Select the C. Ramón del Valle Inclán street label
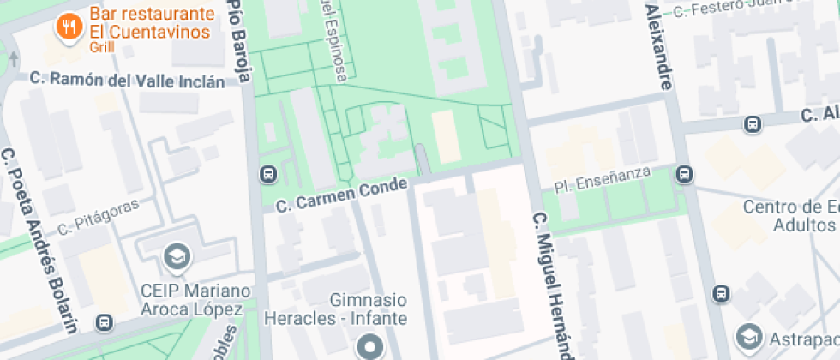pos(127,80)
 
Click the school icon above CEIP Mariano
pos(178,256)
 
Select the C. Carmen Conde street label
pos(341,196)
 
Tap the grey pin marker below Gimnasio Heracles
pos(370,348)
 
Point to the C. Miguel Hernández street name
pos(549,284)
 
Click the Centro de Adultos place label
pos(789,216)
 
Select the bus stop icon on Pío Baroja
pos(267,175)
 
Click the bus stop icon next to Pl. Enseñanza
pos(684,175)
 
